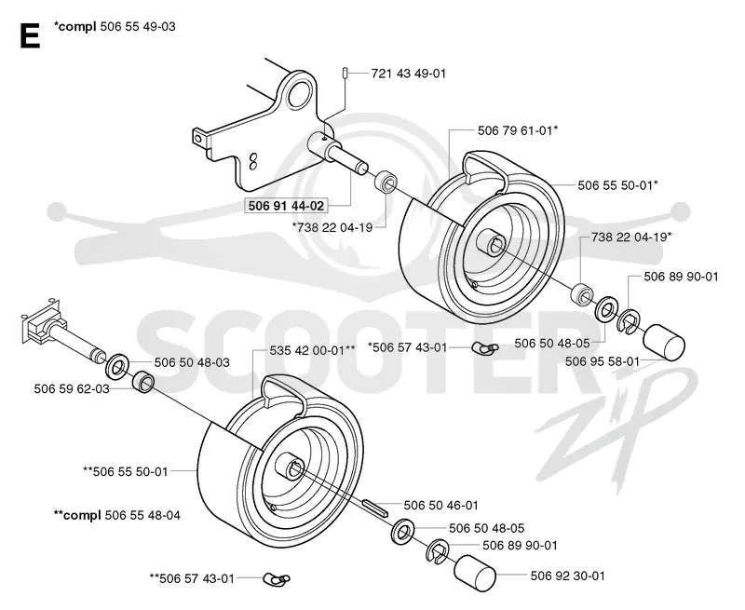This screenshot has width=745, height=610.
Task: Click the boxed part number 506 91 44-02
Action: coord(286,206)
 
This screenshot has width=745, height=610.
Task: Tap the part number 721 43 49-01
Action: coord(409,74)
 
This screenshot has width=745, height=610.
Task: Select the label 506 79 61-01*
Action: coord(518,130)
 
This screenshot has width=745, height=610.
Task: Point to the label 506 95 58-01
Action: coord(603,361)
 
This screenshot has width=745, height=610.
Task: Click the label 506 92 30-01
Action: coord(568,576)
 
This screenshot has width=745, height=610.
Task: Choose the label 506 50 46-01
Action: coord(440,505)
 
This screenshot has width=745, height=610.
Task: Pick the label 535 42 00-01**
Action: coord(312,350)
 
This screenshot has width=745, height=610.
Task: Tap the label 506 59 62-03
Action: coord(72,388)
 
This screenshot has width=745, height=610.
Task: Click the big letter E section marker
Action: coord(30,36)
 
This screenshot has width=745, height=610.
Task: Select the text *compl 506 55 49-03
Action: coord(115,27)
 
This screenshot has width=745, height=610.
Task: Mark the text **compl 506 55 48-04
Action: coord(117,515)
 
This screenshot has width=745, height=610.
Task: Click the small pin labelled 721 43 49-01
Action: coord(345,74)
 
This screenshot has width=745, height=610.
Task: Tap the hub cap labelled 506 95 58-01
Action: coord(664,343)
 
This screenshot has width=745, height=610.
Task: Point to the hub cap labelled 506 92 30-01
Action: coord(475,574)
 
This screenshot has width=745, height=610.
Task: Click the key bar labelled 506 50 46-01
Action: coord(376,508)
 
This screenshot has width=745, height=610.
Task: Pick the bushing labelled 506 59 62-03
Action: coord(142,383)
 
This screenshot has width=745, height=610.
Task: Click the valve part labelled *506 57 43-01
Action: coord(484,348)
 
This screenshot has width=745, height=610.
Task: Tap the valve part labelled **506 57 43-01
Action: coord(277,579)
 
